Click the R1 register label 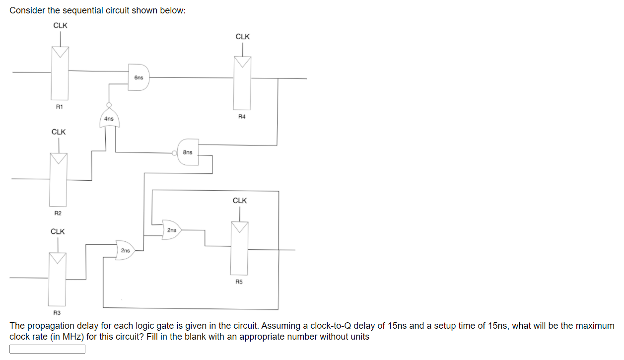(x=59, y=106)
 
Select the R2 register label (x=58, y=213)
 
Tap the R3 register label (x=57, y=312)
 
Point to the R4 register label (x=242, y=117)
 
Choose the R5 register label (x=239, y=282)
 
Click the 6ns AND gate (x=139, y=77)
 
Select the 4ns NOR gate (x=109, y=118)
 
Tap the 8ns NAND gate (x=188, y=152)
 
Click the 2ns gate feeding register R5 (x=171, y=230)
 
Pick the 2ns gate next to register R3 (x=125, y=250)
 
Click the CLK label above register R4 (x=243, y=37)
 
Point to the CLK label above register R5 (x=240, y=201)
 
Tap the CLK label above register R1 (x=61, y=26)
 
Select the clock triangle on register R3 (x=58, y=258)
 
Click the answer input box (x=48, y=349)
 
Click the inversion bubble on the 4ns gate (x=109, y=105)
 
